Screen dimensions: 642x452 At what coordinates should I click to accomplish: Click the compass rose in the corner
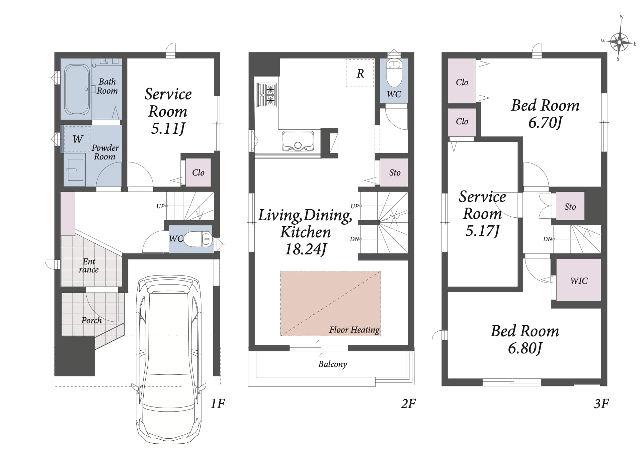619,42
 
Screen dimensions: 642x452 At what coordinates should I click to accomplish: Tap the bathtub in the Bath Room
77,89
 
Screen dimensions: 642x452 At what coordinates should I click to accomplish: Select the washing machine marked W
77,139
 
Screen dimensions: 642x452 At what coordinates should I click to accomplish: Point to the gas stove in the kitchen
266,95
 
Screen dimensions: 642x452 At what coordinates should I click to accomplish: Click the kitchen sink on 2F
298,141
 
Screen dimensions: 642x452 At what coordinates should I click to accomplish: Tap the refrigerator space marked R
360,73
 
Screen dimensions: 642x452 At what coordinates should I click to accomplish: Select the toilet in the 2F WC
394,73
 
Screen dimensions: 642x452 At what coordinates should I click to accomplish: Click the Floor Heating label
354,330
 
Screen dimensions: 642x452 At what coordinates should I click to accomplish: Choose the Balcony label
332,364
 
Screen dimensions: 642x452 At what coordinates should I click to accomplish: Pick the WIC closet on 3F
578,280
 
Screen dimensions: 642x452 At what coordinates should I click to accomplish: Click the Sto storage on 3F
570,206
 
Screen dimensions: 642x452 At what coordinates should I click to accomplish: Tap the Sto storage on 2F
394,172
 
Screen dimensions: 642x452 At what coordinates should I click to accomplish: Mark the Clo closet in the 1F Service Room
198,173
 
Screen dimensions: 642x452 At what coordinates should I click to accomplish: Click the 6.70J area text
545,123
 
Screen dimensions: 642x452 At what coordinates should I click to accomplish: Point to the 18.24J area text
305,249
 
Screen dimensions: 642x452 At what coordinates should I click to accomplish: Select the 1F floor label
218,404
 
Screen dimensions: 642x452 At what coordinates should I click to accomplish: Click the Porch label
91,320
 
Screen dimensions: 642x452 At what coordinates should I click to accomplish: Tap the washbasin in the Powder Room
75,169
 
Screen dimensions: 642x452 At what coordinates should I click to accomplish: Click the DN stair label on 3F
548,239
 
